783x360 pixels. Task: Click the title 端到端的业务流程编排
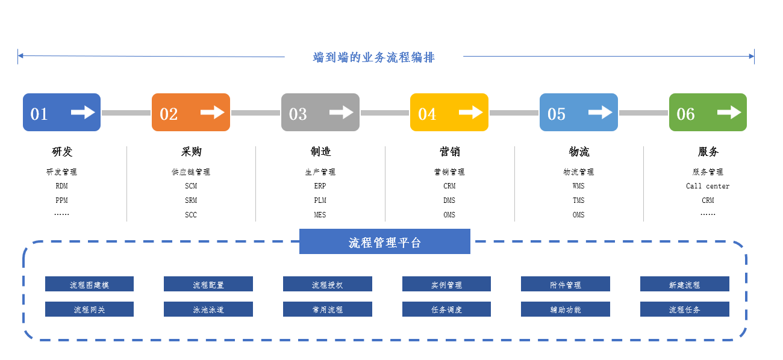coord(373,57)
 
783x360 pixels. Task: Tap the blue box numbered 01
coord(62,112)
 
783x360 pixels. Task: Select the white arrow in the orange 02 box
coord(213,112)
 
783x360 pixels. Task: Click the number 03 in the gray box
coord(298,114)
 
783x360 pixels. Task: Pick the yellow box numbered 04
coord(449,112)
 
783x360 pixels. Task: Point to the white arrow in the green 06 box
coord(729,112)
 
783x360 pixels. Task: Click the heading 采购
coord(191,152)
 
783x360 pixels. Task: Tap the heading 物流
coord(579,152)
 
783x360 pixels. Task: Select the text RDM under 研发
coord(62,186)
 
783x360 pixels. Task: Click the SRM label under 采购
coord(191,200)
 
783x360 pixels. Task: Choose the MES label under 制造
coord(320,214)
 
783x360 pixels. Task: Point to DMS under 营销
coord(449,200)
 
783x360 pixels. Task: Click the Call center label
coord(708,186)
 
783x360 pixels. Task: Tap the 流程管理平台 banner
coord(385,241)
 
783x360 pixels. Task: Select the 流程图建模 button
coord(90,284)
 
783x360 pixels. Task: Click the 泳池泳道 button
coord(208,309)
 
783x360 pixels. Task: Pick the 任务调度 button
coord(447,309)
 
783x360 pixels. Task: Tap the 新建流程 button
coord(685,284)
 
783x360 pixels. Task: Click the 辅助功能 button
coord(566,309)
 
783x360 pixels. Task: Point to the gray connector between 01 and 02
coord(126,113)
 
